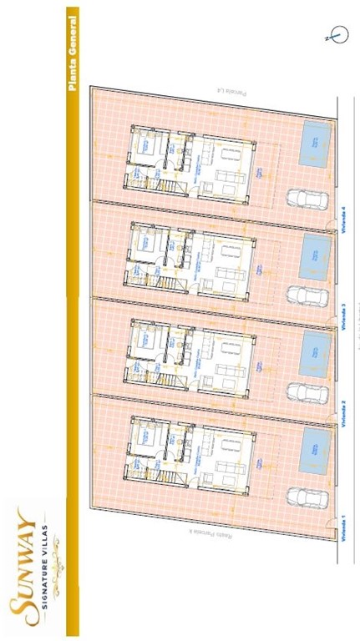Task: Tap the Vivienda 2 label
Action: coord(342,413)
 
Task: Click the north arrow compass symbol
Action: coord(337,35)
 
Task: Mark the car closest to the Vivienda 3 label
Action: coord(300,295)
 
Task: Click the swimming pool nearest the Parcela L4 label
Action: coord(314,143)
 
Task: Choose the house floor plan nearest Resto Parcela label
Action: coord(192,451)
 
